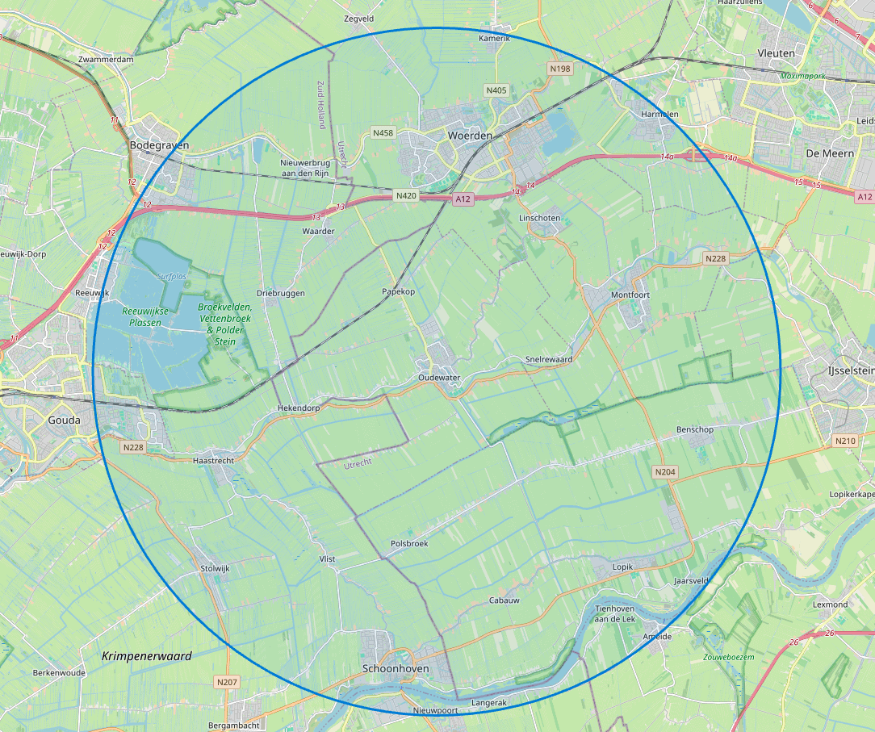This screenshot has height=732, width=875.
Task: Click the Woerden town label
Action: pos(470,136)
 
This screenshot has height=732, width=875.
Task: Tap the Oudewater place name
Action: pos(439,378)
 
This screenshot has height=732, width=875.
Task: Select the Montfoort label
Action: pos(630,295)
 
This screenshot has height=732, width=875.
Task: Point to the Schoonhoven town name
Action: pos(396,669)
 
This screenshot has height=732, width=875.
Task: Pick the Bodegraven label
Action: pos(159,145)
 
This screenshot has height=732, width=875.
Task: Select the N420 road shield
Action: pos(405,195)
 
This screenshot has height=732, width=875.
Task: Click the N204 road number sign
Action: pos(664,471)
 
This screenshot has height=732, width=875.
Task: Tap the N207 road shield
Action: pos(228,683)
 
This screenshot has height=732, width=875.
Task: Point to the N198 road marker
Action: pos(560,69)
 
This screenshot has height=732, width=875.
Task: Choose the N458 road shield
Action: pos(383,132)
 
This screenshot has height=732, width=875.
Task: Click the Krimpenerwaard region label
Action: pos(147,656)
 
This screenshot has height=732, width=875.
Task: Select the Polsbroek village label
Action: pos(409,544)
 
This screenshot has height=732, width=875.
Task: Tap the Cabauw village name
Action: pos(504,600)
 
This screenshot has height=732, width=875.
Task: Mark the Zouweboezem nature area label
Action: pos(728,658)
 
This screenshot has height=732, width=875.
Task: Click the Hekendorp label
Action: pos(299,408)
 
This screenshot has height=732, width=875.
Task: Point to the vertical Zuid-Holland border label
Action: pos(320,105)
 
